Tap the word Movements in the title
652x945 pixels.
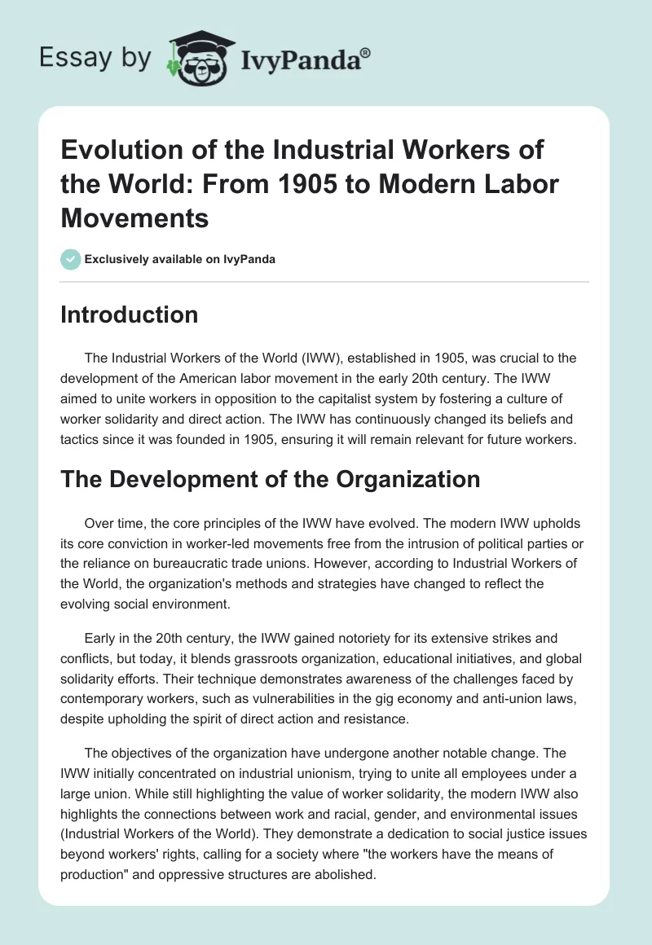point(134,217)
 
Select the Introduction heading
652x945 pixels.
point(129,315)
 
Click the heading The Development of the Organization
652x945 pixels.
point(270,480)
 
